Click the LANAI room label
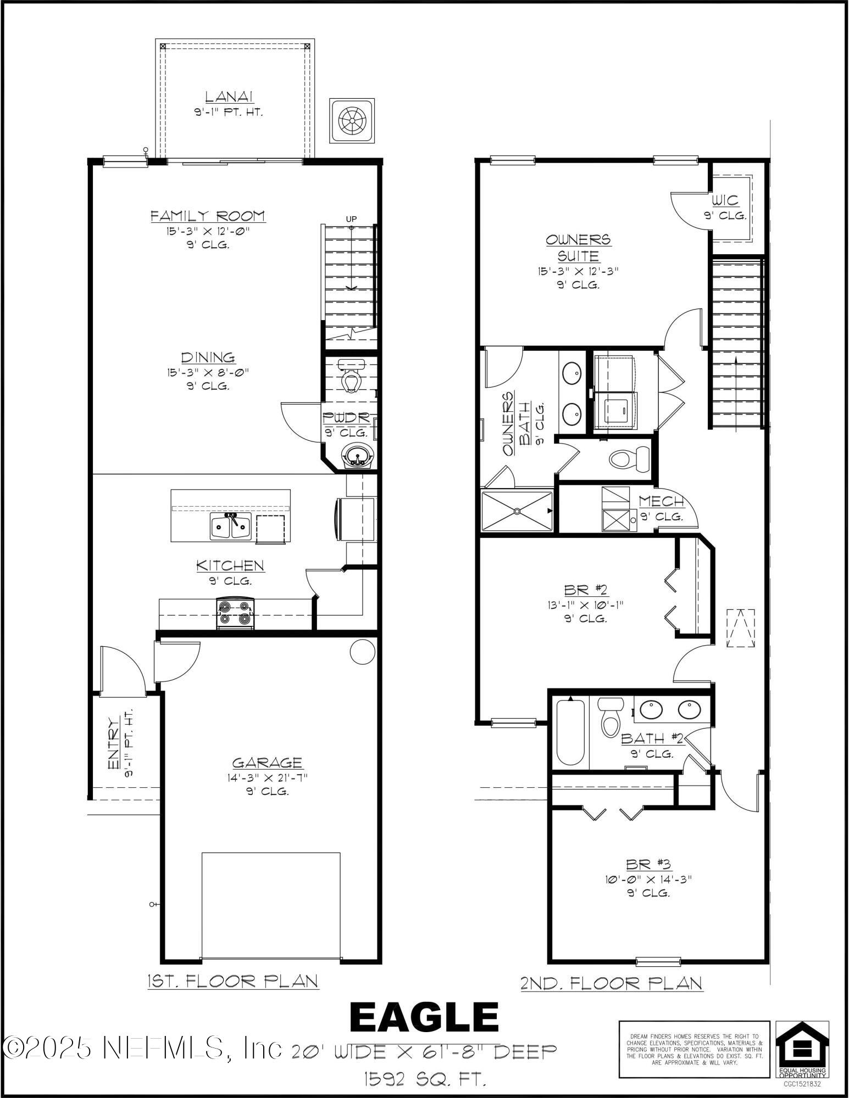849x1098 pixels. pos(229,97)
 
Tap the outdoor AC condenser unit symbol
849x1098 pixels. pos(352,121)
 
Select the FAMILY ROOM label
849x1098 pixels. pos(208,216)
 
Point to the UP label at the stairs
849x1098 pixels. pos(351,219)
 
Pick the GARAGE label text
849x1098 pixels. pos(267,763)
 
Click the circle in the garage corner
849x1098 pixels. pos(363,651)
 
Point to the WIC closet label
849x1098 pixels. pos(725,200)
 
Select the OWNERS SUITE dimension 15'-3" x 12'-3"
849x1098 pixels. pos(578,271)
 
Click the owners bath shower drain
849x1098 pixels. pos(517,511)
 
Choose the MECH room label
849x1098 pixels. pos(662,501)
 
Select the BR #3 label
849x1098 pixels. pos(648,865)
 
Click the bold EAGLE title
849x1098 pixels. pos(424,1017)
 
